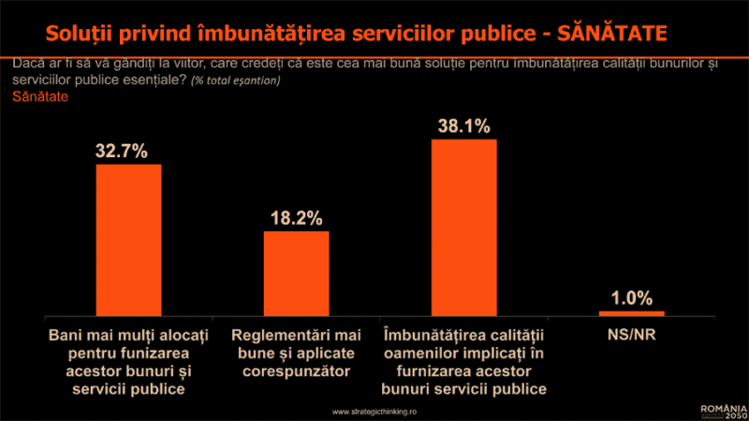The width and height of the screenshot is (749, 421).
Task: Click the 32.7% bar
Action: tap(129, 240)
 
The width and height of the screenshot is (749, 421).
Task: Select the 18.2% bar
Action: tap(296, 272)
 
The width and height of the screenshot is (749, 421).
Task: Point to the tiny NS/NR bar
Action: tap(630, 312)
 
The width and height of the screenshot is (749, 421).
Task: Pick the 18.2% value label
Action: tap(296, 218)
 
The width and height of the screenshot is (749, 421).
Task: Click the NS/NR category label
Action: tap(630, 334)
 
